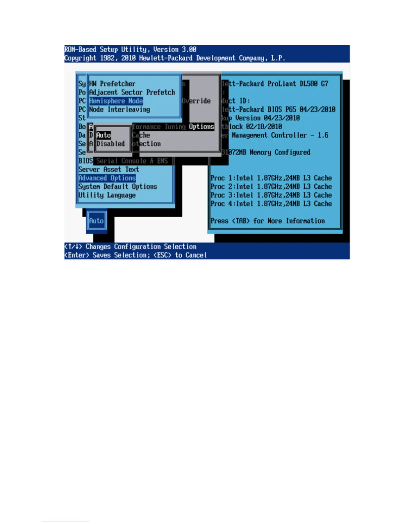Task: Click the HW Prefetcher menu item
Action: point(112,84)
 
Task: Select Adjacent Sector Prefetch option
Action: point(132,92)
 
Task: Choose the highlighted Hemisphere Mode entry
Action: point(116,101)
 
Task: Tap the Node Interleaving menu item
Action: point(119,109)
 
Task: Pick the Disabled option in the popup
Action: point(111,144)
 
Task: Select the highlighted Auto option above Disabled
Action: point(104,135)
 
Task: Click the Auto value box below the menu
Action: point(96,221)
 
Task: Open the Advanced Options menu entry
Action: point(107,178)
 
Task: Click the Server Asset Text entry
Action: point(109,169)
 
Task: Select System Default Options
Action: point(117,187)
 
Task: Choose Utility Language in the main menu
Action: point(107,195)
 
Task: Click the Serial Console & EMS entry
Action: point(132,161)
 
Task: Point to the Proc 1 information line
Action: point(271,178)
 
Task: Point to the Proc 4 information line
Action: point(271,204)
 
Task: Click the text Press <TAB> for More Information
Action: point(267,221)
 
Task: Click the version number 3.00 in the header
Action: point(189,50)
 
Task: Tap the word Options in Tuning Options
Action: point(202,127)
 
